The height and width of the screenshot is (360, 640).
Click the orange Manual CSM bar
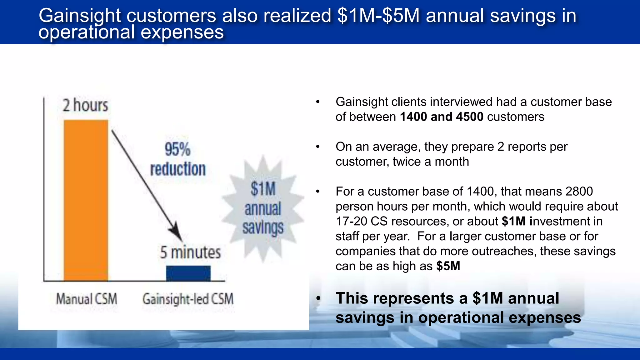tap(86, 200)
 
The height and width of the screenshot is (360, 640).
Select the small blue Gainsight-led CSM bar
tap(188, 273)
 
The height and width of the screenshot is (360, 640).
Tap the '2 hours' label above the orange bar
tap(85, 105)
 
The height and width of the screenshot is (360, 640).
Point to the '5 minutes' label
tap(190, 252)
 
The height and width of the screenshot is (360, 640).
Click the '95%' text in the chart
tap(177, 149)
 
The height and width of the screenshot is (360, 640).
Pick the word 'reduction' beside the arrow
tap(178, 169)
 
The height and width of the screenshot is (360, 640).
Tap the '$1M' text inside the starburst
tap(263, 189)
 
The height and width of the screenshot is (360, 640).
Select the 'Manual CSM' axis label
tap(87, 299)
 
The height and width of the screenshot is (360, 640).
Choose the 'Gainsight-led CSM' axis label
tap(188, 299)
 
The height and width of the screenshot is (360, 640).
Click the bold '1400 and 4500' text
tap(442, 117)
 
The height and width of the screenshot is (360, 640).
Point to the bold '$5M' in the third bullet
tap(448, 266)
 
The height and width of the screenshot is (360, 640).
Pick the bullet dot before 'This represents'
tap(318, 299)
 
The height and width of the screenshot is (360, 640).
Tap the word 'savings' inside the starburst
tap(263, 227)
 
